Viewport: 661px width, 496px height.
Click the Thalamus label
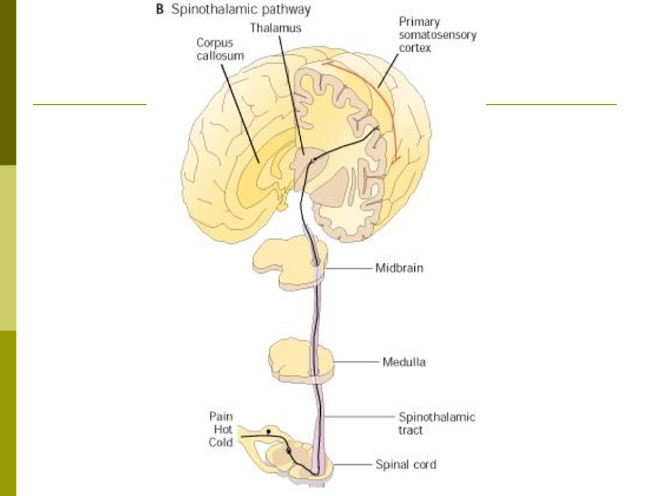(276, 28)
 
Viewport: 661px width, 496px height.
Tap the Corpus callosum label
(220, 49)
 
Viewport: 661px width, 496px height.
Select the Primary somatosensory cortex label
(437, 35)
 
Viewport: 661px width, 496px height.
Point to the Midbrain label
(399, 267)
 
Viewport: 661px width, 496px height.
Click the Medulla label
(404, 362)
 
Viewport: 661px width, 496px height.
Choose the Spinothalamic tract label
(436, 423)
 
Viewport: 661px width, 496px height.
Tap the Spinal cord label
(405, 464)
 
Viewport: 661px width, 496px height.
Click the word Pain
(221, 417)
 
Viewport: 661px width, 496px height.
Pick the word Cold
(221, 442)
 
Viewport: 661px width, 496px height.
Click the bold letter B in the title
(159, 10)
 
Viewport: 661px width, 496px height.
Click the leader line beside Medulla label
(355, 362)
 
